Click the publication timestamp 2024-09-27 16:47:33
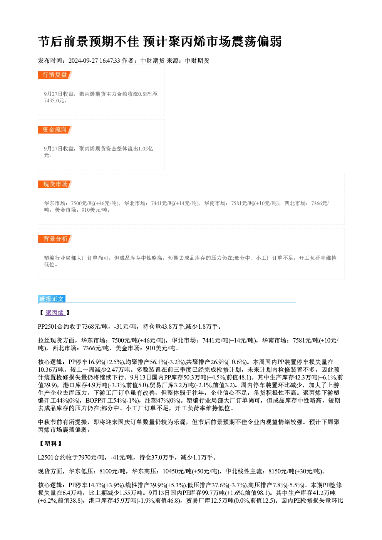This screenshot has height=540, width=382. point(94,60)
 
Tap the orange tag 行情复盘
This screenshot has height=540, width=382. point(55,75)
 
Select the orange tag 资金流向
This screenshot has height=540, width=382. point(55,130)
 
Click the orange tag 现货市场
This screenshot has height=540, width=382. point(55,184)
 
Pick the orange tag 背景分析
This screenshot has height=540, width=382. point(55,239)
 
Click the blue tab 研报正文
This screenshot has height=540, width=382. point(52,299)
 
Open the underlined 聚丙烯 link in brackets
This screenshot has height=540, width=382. point(55,313)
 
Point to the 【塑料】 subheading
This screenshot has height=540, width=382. point(50,443)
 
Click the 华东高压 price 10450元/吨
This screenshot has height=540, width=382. point(177,471)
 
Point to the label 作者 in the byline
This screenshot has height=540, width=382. point(127,60)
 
